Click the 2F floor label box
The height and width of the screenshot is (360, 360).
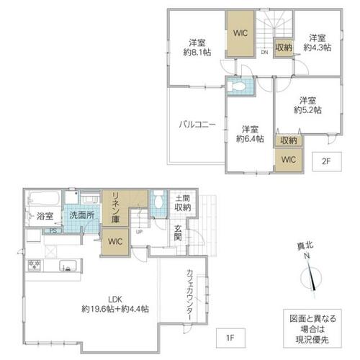coord(327,161)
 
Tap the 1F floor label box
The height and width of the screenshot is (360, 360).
coord(230,338)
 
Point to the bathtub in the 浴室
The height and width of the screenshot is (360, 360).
coord(44,198)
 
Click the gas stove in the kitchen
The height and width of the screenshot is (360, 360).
coord(35,266)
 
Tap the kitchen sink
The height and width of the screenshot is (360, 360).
coord(68,266)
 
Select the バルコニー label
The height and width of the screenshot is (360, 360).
coord(197,125)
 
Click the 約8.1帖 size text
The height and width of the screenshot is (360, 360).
coord(197,52)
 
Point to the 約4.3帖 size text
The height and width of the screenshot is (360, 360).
coord(318,48)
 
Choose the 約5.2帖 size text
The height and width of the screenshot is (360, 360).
coord(307,109)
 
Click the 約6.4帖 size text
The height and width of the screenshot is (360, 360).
coord(250,138)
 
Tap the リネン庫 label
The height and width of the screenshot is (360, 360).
coord(115,207)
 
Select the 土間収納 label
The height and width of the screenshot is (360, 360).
coord(183,203)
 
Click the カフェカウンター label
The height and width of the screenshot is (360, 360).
coord(190,294)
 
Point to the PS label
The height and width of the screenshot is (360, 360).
coord(53,231)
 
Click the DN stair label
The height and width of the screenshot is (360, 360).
coord(264,52)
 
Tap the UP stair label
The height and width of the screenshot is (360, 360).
coord(139,232)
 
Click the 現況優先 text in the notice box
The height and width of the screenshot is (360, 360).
coord(312,339)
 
